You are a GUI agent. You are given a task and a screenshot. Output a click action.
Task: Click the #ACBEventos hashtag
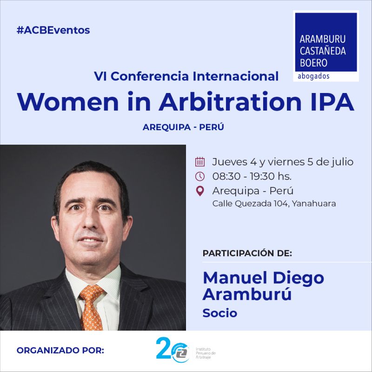53,30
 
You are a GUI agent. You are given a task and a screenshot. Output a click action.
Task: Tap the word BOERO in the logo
313,63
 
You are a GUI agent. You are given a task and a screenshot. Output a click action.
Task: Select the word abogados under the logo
313,76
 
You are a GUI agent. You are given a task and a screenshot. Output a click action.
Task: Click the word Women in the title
67,101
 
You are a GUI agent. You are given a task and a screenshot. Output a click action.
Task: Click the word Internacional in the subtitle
236,76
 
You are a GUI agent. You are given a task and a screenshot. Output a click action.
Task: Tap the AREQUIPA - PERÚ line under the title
183,127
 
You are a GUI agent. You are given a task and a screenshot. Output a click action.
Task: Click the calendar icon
200,161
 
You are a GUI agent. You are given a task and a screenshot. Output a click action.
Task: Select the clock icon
200,176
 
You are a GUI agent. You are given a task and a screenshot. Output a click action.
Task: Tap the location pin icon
200,191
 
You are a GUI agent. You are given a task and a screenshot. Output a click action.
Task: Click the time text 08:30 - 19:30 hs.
252,176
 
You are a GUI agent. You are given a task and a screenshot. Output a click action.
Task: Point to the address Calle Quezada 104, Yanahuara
274,204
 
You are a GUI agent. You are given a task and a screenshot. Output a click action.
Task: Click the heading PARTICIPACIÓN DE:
247,253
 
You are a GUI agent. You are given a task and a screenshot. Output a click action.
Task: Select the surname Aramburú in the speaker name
247,294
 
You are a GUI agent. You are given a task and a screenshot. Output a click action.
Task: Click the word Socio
219,313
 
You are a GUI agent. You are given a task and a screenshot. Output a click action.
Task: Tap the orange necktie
91,307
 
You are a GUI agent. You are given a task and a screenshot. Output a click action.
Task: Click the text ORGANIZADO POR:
60,351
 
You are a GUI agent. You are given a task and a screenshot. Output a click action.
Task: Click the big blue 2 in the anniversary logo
164,348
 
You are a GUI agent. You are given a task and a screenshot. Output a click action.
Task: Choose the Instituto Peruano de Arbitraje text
206,353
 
